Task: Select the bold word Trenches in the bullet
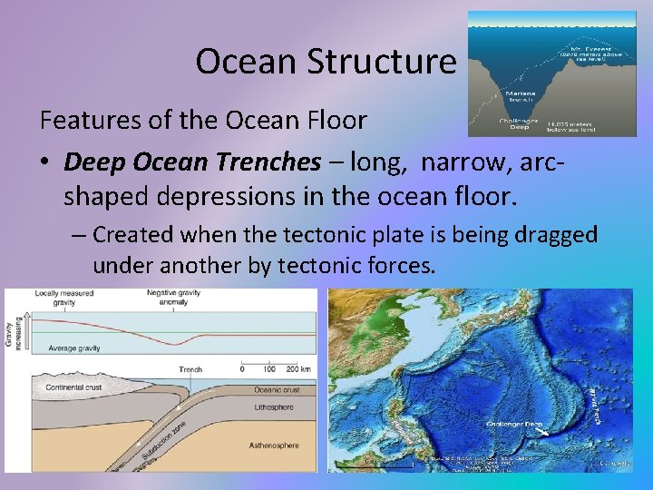coord(268,162)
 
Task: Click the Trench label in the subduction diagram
coord(190,369)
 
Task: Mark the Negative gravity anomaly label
coord(180,298)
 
